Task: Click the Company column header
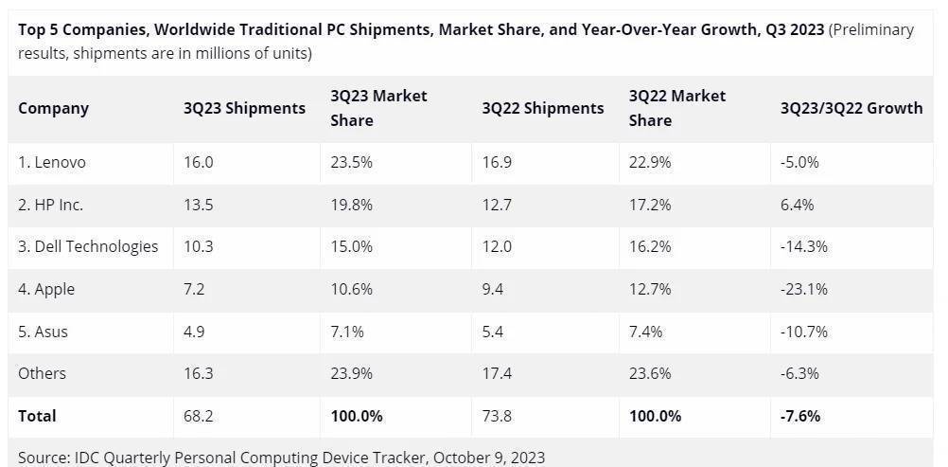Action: [x=53, y=108]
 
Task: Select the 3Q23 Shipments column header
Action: [x=244, y=108]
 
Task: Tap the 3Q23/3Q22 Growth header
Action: [x=851, y=108]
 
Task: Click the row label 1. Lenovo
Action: [x=52, y=162]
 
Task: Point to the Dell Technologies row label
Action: [x=88, y=246]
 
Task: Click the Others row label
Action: [x=43, y=373]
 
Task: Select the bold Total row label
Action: [x=38, y=416]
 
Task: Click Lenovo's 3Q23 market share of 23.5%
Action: [x=351, y=162]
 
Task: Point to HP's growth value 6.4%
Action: [x=797, y=205]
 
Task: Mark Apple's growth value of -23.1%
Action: [x=804, y=289]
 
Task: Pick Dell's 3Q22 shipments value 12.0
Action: [x=497, y=246]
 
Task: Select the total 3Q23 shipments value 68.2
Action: [x=199, y=416]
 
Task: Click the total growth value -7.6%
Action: [x=799, y=416]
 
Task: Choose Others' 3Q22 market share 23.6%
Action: [x=650, y=373]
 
